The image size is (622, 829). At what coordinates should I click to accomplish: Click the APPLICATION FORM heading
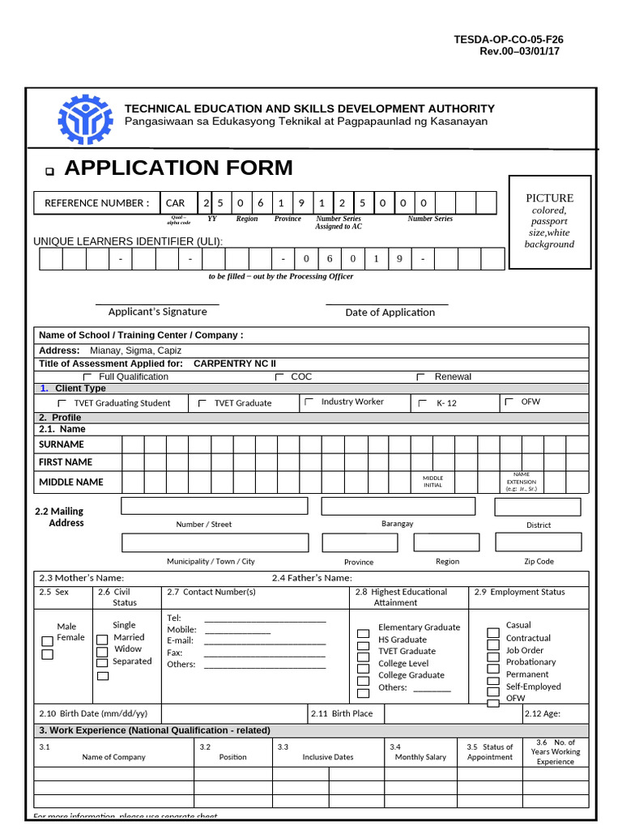pyautogui.click(x=178, y=168)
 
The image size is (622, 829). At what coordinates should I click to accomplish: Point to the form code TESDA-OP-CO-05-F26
pyautogui.click(x=509, y=39)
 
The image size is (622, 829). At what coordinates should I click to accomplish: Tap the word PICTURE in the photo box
pyautogui.click(x=549, y=198)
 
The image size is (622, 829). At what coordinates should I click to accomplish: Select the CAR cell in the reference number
pyautogui.click(x=175, y=203)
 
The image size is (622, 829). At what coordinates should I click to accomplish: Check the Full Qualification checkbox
pyautogui.click(x=88, y=377)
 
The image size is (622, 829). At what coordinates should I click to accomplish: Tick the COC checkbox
pyautogui.click(x=279, y=377)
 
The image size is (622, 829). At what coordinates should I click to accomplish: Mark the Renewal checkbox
pyautogui.click(x=420, y=377)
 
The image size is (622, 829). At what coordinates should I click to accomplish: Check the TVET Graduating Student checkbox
pyautogui.click(x=62, y=402)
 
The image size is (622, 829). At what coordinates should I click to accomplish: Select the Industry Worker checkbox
pyautogui.click(x=309, y=402)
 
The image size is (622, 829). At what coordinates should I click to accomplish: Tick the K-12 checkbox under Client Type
pyautogui.click(x=422, y=402)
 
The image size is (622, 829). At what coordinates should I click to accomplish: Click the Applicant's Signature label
pyautogui.click(x=157, y=312)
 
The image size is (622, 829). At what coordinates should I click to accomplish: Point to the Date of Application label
pyautogui.click(x=390, y=312)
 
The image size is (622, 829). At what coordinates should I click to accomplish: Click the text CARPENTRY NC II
pyautogui.click(x=235, y=363)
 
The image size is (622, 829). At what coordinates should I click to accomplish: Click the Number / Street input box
pyautogui.click(x=215, y=506)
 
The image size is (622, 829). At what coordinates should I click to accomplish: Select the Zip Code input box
pyautogui.click(x=538, y=542)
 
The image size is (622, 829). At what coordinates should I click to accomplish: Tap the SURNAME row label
pyautogui.click(x=62, y=444)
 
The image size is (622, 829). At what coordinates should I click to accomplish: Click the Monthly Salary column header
pyautogui.click(x=420, y=757)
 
